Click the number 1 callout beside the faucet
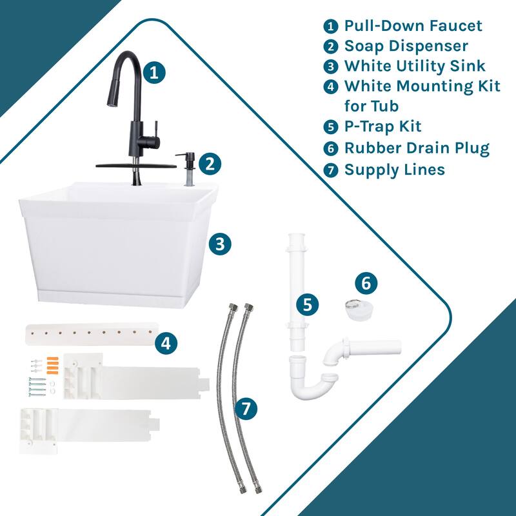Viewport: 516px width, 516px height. point(154,72)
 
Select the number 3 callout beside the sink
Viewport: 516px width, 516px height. point(220,244)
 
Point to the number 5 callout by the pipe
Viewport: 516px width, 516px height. point(308,304)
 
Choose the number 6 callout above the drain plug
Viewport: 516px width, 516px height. point(366,283)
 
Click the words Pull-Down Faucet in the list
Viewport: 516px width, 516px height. point(413,26)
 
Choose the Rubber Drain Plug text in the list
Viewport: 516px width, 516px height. point(417,148)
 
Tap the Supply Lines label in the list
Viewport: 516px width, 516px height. point(394,169)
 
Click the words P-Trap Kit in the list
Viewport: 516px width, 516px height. point(382,126)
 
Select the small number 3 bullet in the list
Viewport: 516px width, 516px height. point(331,66)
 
